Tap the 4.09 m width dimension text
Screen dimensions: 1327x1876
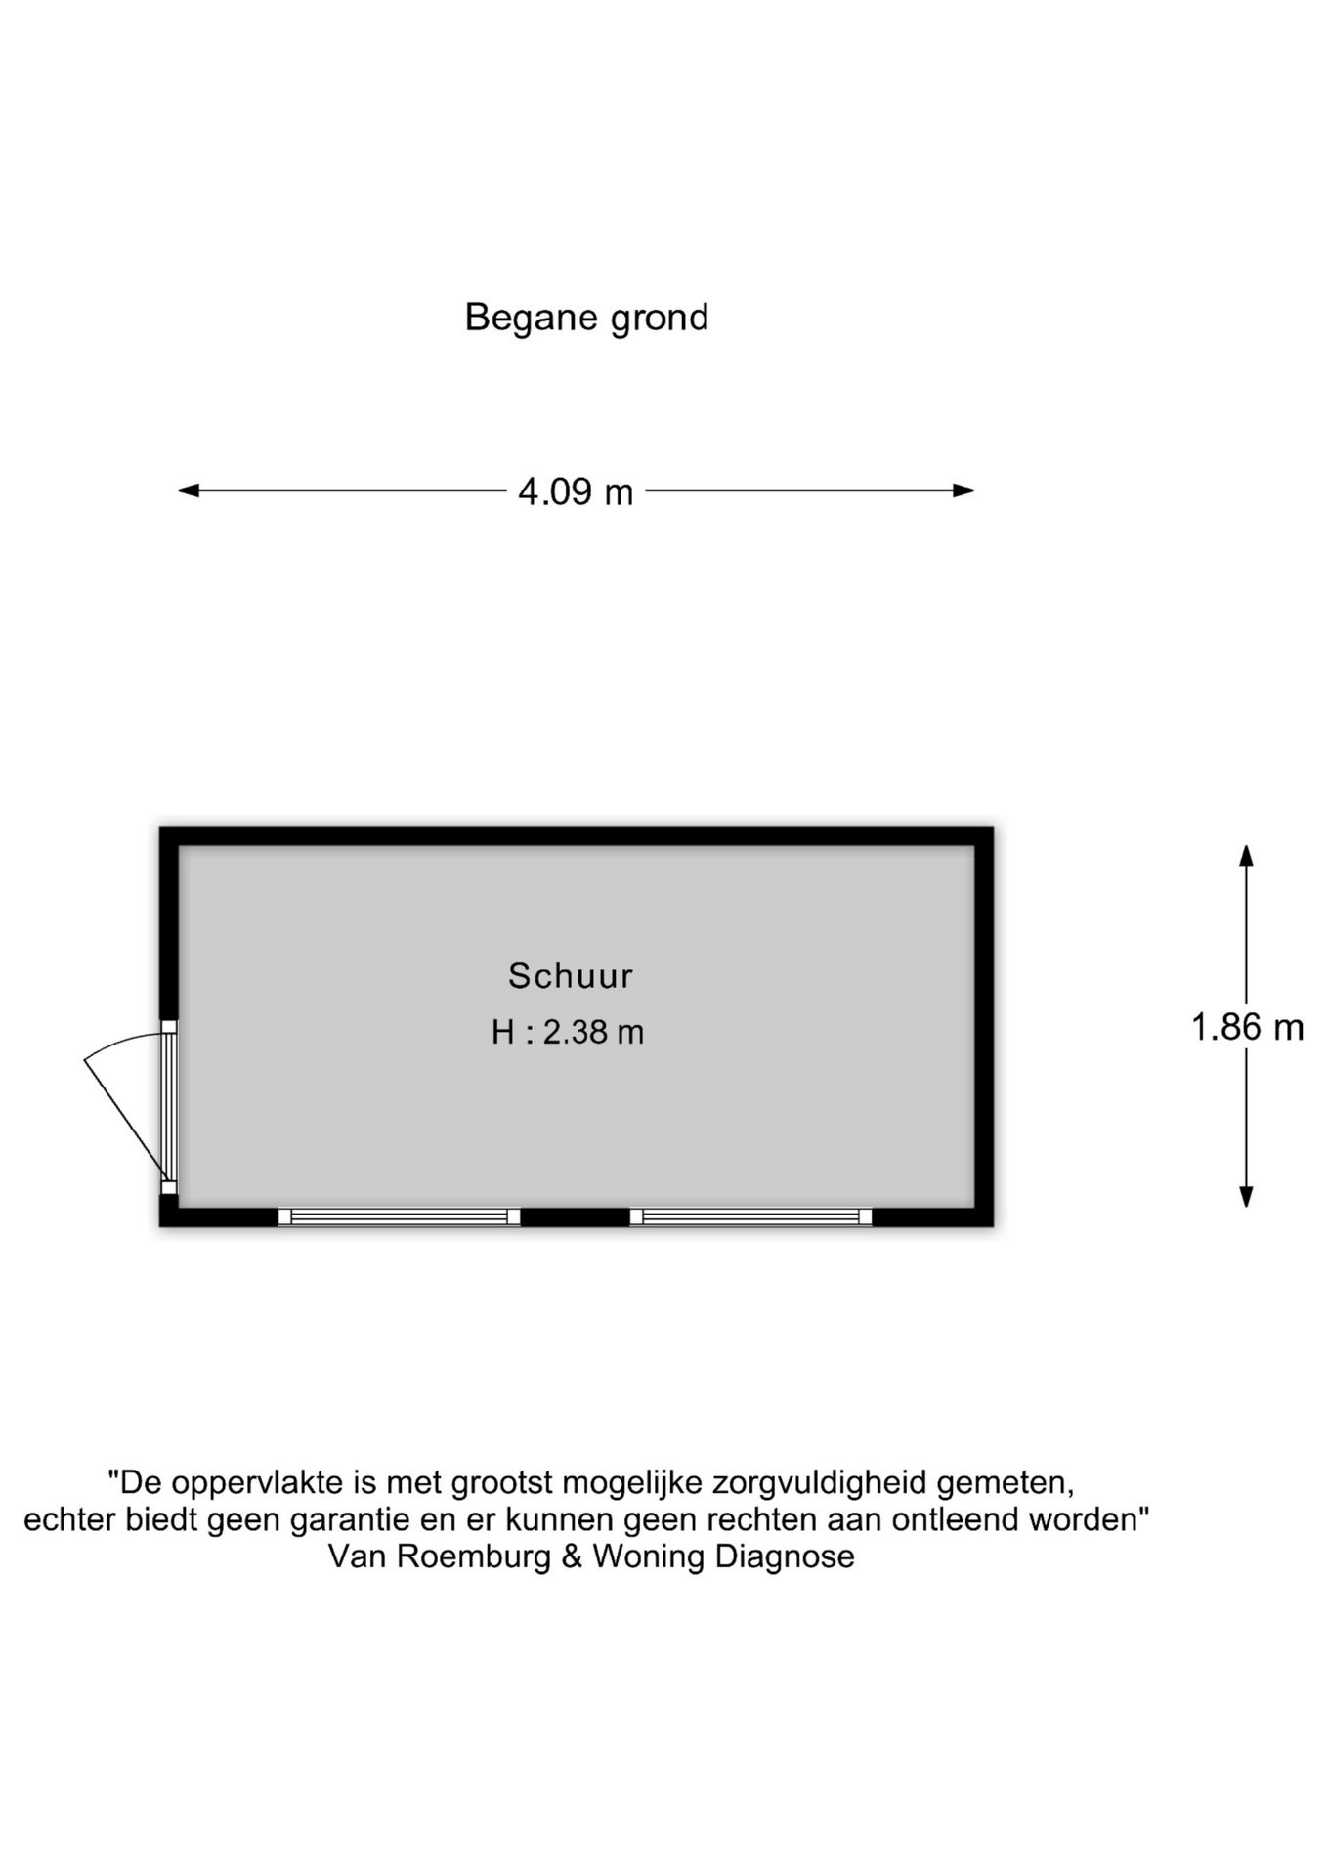click(576, 491)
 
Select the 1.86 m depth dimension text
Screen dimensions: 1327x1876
click(1247, 1027)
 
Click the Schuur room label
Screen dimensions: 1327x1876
click(571, 975)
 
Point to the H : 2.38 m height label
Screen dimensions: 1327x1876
click(568, 1032)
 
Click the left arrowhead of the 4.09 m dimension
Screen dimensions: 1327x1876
click(189, 490)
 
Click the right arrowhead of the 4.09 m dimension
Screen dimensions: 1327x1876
click(963, 490)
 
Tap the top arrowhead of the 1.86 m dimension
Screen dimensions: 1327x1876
click(1246, 855)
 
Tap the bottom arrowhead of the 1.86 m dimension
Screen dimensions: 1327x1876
click(1246, 1196)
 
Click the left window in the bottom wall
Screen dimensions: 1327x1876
click(399, 1216)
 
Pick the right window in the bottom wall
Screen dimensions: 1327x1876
click(750, 1216)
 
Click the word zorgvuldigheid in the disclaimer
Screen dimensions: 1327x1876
click(819, 1483)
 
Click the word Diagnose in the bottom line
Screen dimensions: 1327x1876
click(785, 1556)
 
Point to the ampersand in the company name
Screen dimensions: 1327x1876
click(573, 1556)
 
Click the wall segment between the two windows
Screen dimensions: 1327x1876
click(575, 1216)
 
